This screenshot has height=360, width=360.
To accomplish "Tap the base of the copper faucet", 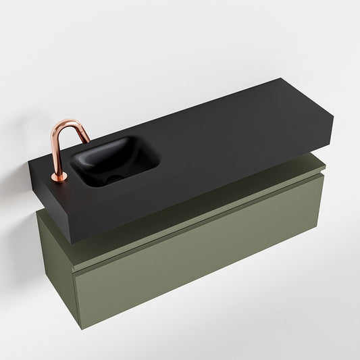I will (x=59, y=178).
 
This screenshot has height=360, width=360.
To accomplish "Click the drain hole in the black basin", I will (x=111, y=178).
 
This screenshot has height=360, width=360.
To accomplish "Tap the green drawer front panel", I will (x=203, y=263).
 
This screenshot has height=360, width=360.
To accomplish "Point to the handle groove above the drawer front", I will (x=203, y=223).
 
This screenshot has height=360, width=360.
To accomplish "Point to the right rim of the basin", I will (x=157, y=159).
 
